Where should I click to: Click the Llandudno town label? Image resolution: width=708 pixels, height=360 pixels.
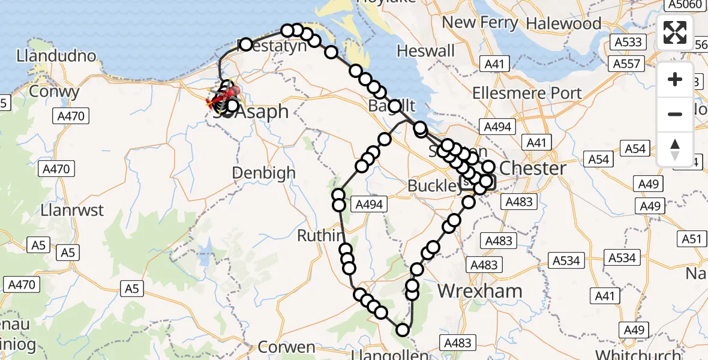tap(57, 56)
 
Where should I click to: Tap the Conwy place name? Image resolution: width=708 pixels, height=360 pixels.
tap(53, 92)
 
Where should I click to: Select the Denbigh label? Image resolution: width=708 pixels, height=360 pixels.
tap(264, 173)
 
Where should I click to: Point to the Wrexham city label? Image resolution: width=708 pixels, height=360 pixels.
tap(480, 291)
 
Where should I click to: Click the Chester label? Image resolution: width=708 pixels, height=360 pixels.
tap(533, 168)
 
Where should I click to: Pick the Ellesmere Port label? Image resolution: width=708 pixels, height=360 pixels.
tap(527, 93)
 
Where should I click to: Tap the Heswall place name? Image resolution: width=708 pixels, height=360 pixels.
tap(426, 52)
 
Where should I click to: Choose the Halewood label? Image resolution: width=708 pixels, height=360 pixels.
tap(563, 23)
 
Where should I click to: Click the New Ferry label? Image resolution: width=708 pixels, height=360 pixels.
tap(480, 23)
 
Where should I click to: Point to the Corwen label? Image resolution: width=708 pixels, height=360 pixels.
tap(287, 347)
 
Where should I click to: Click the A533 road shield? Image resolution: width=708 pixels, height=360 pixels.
tap(628, 43)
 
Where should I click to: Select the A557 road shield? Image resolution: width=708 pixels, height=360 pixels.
tap(628, 64)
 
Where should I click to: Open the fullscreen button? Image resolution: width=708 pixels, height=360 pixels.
tap(675, 32)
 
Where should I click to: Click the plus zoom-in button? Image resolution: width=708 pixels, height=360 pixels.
tap(675, 79)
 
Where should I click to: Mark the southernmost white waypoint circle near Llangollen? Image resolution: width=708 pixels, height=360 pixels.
tap(402, 329)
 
